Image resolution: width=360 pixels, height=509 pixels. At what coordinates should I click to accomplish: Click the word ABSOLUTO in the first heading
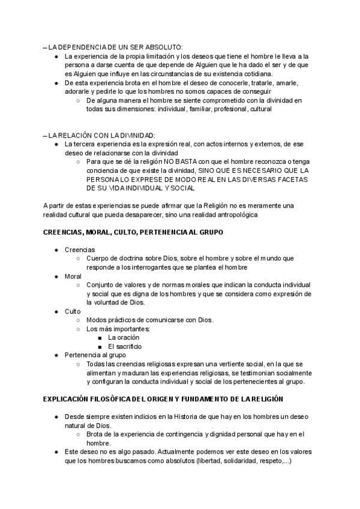[163, 47]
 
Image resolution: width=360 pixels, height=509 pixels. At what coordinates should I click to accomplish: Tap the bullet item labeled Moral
[73, 276]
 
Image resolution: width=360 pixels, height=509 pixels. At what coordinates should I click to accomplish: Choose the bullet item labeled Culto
[72, 312]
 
